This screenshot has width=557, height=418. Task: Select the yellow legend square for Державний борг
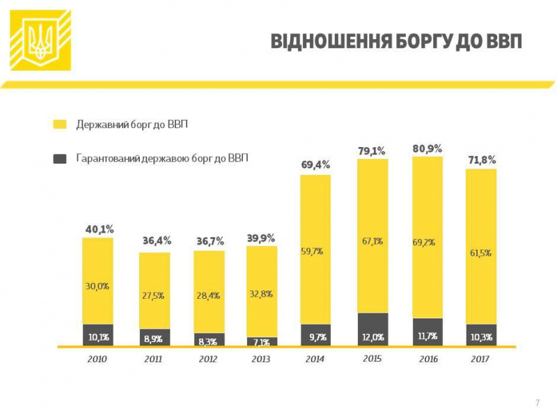[60, 124]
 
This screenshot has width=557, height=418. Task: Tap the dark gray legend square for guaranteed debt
[60, 159]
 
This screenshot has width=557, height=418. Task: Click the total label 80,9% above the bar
[427, 148]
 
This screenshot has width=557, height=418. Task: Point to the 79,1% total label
[372, 150]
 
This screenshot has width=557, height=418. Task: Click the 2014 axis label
[315, 359]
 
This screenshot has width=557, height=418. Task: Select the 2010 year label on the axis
[98, 359]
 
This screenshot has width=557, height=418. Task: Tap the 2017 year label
[480, 359]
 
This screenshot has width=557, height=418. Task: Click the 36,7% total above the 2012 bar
[208, 241]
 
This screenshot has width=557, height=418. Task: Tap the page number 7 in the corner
[537, 403]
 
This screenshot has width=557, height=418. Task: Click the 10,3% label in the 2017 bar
[480, 336]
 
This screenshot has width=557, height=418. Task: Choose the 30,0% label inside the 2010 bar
[97, 286]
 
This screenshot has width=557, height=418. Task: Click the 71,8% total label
[481, 160]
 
